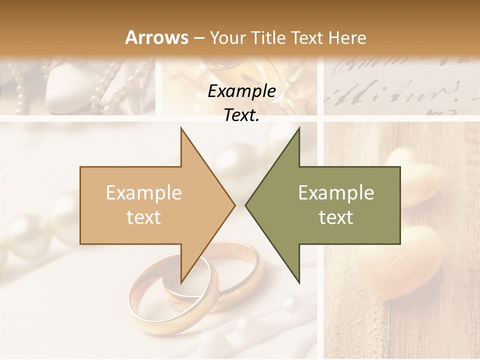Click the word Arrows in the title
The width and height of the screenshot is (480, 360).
156,37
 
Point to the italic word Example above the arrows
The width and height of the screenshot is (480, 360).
241,91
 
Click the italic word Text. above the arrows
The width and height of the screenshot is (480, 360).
241,115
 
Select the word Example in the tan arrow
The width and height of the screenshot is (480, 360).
143,193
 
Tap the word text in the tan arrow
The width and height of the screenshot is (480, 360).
143,217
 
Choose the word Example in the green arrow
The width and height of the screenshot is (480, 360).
336,193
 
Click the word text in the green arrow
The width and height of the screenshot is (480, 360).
336,217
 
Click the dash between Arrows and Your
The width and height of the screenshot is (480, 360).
198,38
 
